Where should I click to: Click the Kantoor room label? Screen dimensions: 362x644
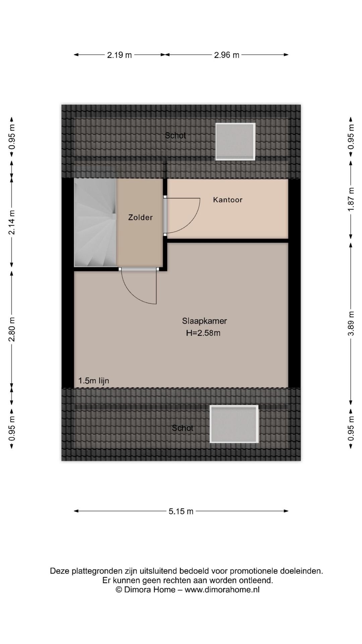[x=228, y=200]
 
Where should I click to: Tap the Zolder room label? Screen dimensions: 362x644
[x=140, y=218]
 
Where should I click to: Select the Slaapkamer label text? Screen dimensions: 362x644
[x=204, y=321]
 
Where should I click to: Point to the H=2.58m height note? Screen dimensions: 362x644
[x=203, y=333]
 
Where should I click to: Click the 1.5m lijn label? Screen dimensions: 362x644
[x=94, y=381]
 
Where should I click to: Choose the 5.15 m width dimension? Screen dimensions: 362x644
[x=181, y=512]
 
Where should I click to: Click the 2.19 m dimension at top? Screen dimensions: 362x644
[x=119, y=55]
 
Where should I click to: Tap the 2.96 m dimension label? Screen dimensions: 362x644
[x=227, y=55]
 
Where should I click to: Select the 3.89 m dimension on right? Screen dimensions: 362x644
[x=351, y=323]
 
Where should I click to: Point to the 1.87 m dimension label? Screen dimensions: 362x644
[x=351, y=199]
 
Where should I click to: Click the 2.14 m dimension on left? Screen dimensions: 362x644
[x=12, y=222]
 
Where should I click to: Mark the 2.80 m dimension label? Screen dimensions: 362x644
[x=12, y=329]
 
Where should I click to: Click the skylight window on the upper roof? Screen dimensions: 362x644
[x=235, y=142]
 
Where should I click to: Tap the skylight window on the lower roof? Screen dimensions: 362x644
[x=234, y=424]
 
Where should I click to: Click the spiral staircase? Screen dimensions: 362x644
[x=95, y=223]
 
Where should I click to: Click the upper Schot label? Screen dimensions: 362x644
[x=175, y=136]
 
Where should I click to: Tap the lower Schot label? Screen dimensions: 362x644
[x=183, y=428]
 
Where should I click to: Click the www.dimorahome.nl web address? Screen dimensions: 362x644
[x=222, y=590]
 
